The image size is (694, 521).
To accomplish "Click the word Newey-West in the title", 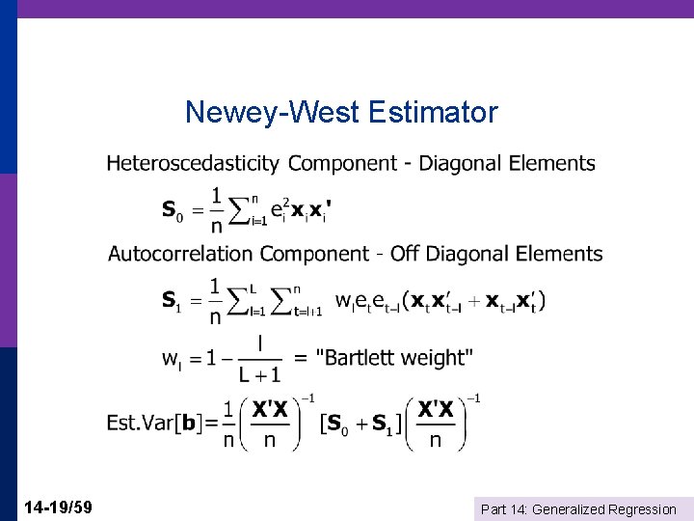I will coord(272,113).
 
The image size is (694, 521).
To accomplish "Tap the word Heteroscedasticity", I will coord(193,164).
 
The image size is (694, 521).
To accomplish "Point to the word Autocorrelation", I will coord(181,255).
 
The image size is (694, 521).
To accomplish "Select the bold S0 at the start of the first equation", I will coord(171,210).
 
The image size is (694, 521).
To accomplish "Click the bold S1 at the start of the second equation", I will coord(171,301).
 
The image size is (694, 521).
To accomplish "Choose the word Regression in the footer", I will coord(645,509).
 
